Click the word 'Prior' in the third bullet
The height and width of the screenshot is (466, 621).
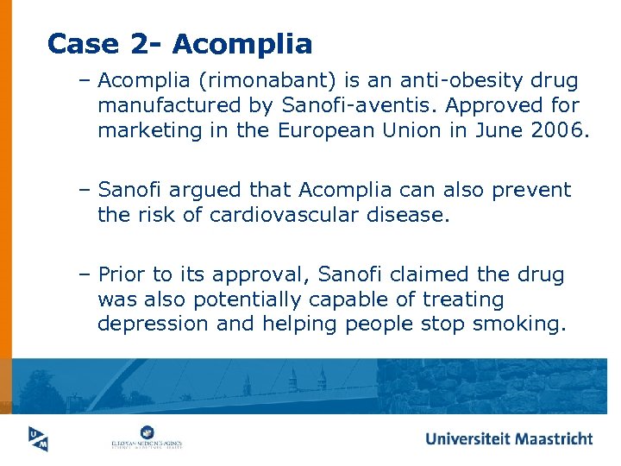[x=122, y=274]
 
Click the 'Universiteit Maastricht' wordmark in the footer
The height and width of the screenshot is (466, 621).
[x=509, y=438]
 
